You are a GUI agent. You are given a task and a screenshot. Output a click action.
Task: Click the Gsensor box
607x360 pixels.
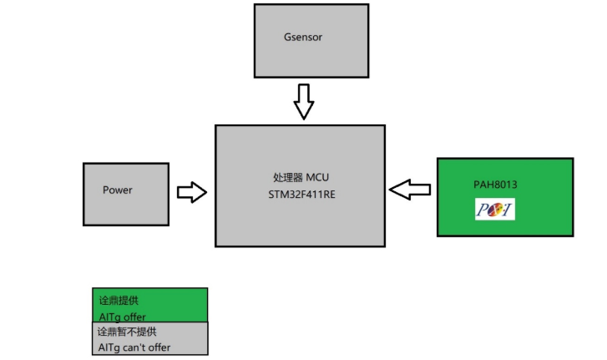pyautogui.click(x=310, y=40)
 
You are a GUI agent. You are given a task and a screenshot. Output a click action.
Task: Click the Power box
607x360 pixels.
pyautogui.click(x=126, y=194)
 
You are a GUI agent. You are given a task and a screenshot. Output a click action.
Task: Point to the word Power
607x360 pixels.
pyautogui.click(x=118, y=190)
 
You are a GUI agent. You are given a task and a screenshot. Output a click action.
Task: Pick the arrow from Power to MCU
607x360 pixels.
pyautogui.click(x=192, y=192)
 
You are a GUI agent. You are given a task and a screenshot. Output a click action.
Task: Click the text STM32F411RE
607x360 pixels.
pyautogui.click(x=299, y=195)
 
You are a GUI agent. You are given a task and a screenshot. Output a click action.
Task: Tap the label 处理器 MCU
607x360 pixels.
pyautogui.click(x=299, y=179)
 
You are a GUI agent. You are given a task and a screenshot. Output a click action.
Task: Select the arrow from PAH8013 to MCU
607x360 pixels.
pyautogui.click(x=410, y=190)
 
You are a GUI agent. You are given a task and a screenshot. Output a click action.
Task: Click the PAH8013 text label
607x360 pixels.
pyautogui.click(x=490, y=184)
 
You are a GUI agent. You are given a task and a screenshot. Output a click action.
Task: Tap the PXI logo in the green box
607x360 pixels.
pyautogui.click(x=494, y=209)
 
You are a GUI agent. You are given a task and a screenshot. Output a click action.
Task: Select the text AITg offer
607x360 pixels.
pyautogui.click(x=122, y=317)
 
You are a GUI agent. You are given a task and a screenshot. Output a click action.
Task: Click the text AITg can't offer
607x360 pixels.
pyautogui.click(x=134, y=347)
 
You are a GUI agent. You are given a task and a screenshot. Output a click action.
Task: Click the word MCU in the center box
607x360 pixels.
pyautogui.click(x=317, y=179)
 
